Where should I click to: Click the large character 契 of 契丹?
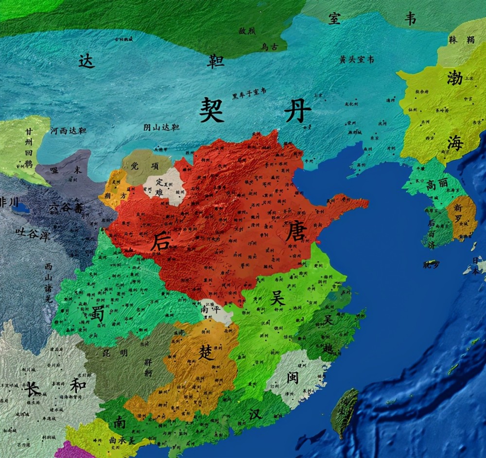click(212, 110)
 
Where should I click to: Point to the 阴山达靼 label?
click(161, 127)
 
